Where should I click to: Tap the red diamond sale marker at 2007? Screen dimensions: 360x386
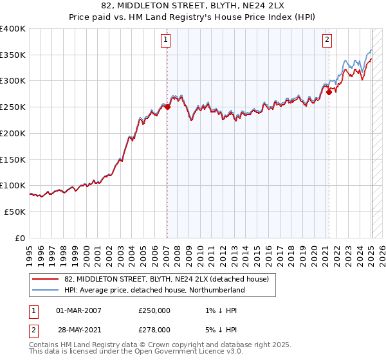click(x=167, y=107)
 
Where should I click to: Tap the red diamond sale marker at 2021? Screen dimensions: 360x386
click(x=329, y=92)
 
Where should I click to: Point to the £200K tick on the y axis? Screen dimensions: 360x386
click(x=13, y=133)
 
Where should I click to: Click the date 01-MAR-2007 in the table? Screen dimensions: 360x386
click(x=78, y=310)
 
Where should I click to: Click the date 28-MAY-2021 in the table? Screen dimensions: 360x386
click(x=78, y=329)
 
